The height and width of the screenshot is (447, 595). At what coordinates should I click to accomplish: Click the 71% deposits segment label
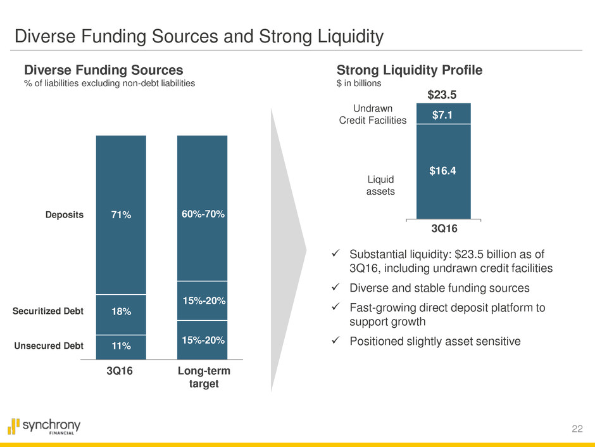click(x=121, y=215)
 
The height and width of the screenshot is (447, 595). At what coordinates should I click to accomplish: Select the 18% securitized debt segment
click(x=121, y=311)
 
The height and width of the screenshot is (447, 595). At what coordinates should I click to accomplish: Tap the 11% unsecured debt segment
click(x=121, y=346)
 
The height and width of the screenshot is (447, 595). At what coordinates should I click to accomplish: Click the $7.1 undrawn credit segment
click(x=443, y=113)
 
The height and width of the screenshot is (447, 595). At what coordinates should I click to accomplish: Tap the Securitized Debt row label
click(x=48, y=311)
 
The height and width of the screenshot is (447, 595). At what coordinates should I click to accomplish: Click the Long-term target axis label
click(x=202, y=378)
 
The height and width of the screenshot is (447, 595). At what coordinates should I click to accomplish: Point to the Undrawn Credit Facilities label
click(x=379, y=114)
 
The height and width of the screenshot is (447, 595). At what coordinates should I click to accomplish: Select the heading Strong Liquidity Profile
click(x=410, y=70)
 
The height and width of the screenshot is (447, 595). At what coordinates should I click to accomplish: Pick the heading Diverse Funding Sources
click(x=103, y=70)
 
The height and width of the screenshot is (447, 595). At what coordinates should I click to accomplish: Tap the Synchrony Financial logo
click(x=44, y=426)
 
